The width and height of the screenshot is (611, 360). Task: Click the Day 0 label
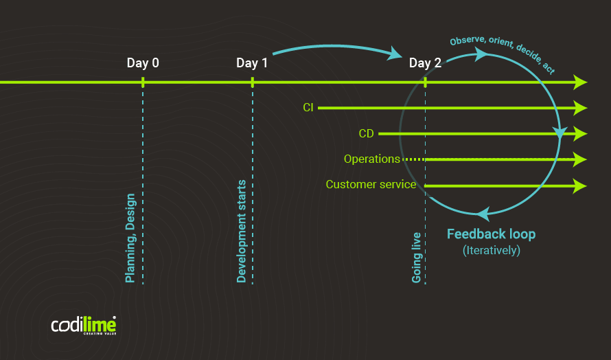[x=143, y=63]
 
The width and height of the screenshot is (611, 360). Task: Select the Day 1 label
[x=252, y=63]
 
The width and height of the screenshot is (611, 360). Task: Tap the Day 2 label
[x=425, y=63]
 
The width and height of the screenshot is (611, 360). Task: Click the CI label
[x=308, y=108]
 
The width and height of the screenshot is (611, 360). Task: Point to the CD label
[x=366, y=134]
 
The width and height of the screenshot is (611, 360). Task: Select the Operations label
[x=371, y=159]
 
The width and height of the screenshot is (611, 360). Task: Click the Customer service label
[x=371, y=185]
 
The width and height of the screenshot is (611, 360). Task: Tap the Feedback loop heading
[x=491, y=234]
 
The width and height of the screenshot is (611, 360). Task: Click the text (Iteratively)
[x=492, y=251]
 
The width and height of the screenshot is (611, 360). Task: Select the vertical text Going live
[x=416, y=258]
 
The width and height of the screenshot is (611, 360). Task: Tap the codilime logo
[x=83, y=325]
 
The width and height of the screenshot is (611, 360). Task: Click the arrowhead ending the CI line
[x=581, y=108]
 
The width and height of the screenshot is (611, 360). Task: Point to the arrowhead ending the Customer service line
[x=581, y=185]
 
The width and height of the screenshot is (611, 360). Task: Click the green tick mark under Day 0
[x=143, y=82]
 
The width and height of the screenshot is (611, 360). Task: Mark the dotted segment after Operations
[x=413, y=159]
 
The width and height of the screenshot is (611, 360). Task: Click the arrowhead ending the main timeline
[x=581, y=82]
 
